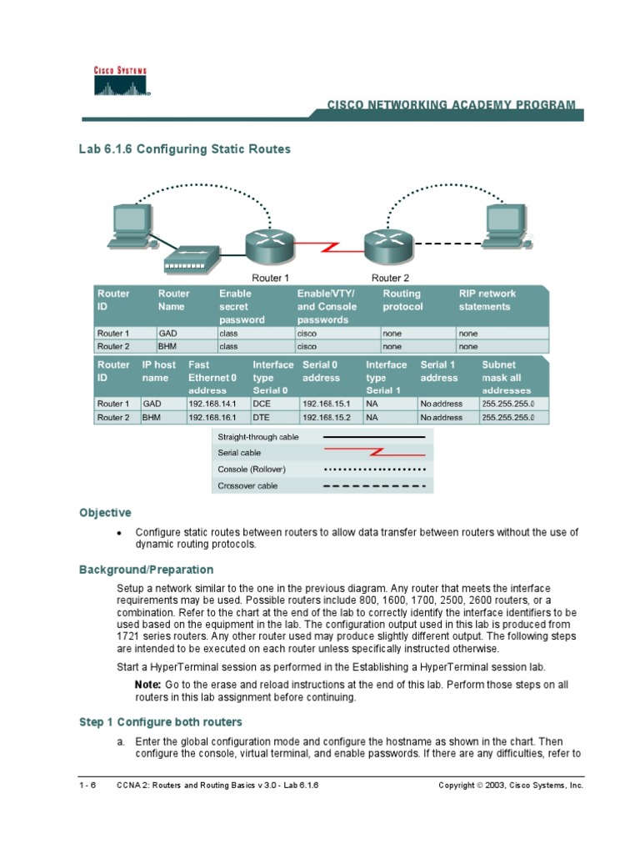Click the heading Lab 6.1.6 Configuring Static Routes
(184, 149)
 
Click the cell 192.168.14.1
(212, 404)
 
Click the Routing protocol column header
(402, 300)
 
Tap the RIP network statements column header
(487, 300)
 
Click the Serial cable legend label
(239, 453)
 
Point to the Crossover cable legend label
(247, 485)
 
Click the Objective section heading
(105, 513)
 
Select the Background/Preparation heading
(146, 570)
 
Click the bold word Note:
(148, 685)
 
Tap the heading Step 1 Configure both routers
(161, 721)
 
